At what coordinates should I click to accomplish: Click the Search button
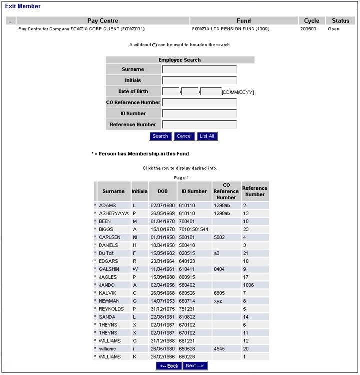160,136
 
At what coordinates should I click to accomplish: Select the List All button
207,136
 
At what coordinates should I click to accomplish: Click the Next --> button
194,366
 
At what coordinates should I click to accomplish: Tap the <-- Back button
169,366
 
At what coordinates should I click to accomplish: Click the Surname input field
199,69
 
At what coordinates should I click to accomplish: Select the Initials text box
199,80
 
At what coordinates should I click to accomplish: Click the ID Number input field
199,113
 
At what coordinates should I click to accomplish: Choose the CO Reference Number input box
199,102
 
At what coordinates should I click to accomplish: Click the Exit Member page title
23,6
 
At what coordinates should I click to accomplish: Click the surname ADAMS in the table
108,205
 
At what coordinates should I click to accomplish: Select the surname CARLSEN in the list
110,237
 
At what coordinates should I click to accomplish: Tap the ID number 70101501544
194,229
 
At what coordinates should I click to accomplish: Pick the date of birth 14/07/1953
162,301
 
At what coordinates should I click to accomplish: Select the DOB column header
162,191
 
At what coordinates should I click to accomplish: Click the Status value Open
333,29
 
